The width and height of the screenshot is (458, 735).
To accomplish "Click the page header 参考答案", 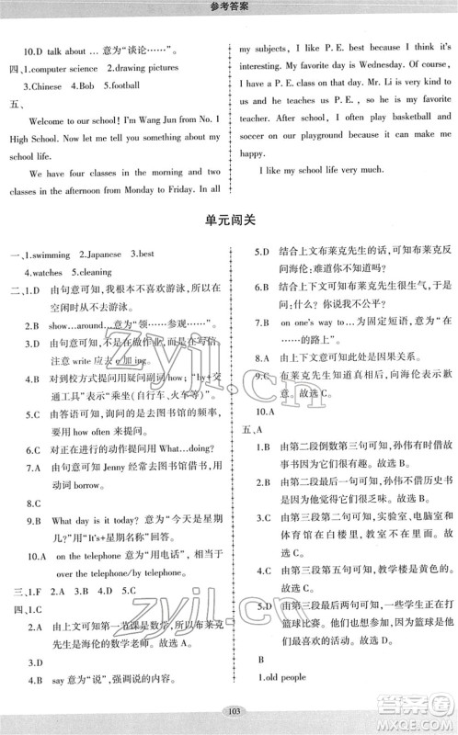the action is (229, 8).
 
